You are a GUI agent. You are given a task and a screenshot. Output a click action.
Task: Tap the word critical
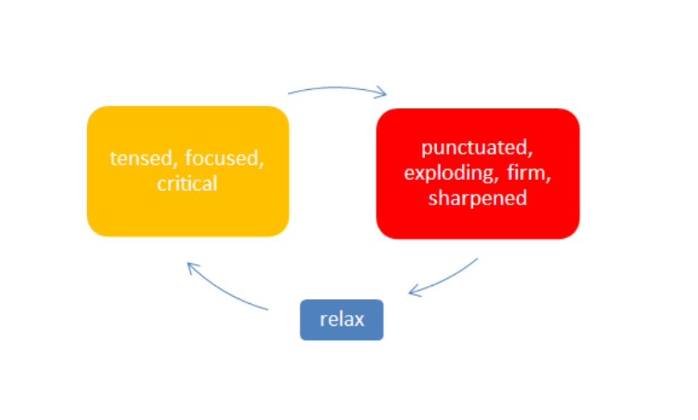coord(187,184)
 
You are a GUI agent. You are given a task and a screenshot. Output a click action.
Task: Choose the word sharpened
coord(478,198)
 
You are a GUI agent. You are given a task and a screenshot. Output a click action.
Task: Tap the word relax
coord(342,320)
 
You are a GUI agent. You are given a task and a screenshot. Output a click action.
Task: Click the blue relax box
coord(341,320)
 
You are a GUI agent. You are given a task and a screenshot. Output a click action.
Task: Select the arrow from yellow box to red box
coord(337,88)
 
